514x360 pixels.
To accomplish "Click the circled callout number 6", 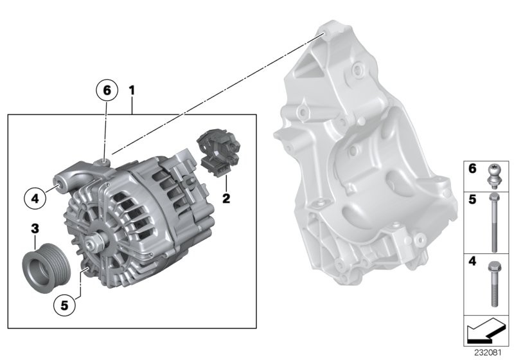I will (107, 90).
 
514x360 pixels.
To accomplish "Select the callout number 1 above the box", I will (132, 91).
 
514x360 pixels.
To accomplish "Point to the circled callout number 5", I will (64, 306).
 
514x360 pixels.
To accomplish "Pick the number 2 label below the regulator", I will (226, 199).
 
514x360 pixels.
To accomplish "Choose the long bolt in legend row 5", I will (493, 222).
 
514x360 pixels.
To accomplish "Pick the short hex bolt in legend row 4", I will (493, 283).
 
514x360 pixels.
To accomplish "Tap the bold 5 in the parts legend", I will (472, 200).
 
